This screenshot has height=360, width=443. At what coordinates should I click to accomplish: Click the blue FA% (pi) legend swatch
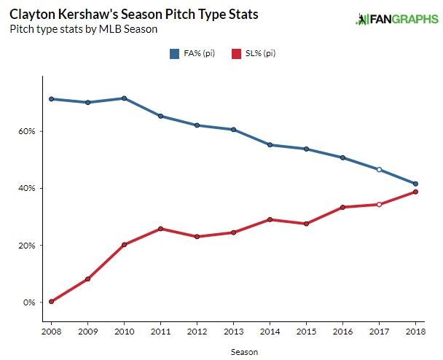coord(175,53)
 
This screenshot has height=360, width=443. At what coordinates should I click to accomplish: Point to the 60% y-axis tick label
coord(28,131)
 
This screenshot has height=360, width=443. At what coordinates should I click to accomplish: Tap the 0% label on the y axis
coord(30,302)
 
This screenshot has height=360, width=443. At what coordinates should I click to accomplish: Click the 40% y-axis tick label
coord(28,188)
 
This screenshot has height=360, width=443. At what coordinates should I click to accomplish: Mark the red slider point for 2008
coord(52,302)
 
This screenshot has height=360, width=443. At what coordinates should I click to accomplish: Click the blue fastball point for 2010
coord(125,98)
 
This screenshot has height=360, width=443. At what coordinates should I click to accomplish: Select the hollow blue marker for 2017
coord(379,169)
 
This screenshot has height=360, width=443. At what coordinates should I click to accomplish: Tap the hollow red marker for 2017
coord(379,204)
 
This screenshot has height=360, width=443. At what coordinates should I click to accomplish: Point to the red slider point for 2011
coord(160,229)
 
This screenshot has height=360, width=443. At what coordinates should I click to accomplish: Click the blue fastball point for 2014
coord(270,145)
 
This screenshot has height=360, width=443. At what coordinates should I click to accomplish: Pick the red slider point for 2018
coord(415,192)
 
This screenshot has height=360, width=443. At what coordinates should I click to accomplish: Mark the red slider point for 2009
coord(88,279)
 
